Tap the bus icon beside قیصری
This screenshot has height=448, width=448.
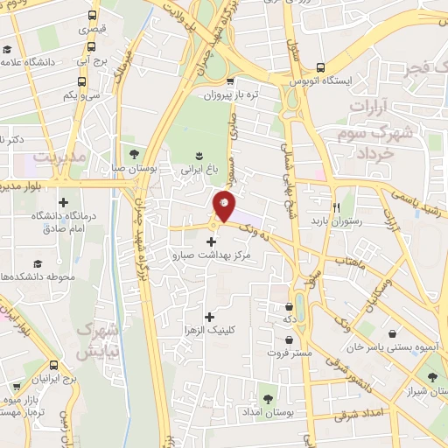94,16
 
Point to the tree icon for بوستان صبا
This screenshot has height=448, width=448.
133,157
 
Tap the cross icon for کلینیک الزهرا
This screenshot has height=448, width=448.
208,316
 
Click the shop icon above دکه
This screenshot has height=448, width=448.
289,306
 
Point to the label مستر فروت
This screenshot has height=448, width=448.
289,353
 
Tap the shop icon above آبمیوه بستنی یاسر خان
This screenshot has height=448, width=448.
394,333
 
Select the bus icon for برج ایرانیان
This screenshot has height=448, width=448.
55,366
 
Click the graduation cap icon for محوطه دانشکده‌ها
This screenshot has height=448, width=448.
38,262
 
